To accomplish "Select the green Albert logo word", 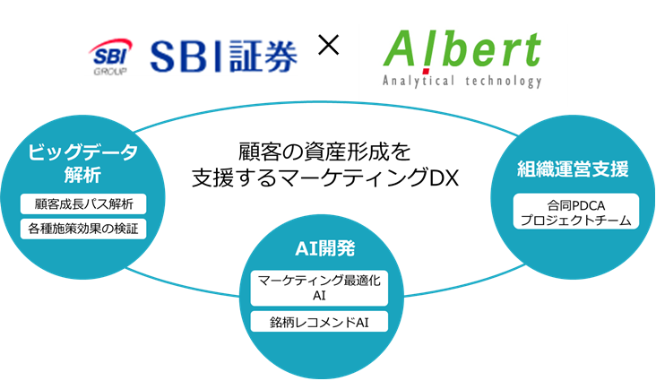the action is (462, 52).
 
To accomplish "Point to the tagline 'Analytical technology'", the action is (462, 81).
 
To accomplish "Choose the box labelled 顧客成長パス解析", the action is (82, 204).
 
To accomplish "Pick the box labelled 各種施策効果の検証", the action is (82, 229).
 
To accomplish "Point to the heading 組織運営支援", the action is (573, 169).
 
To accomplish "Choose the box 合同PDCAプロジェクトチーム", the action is (574, 212).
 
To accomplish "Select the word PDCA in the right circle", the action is (587, 205).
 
